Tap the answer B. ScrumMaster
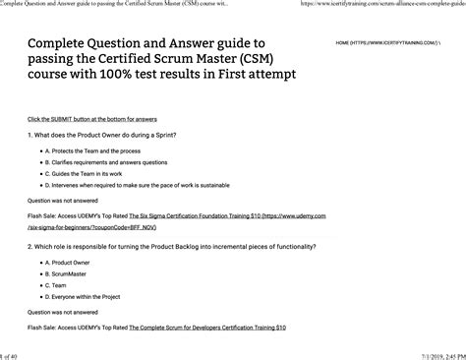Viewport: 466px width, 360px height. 75,274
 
